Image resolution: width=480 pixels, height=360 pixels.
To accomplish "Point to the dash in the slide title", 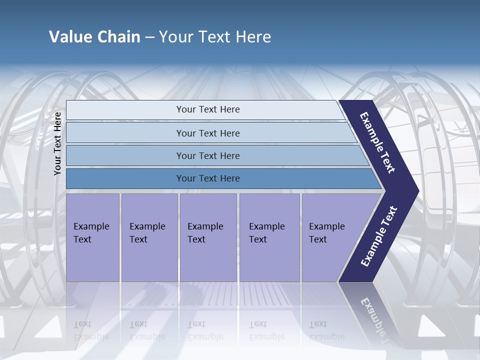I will tap(149, 37).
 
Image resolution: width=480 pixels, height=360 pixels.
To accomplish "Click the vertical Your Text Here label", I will tap(57, 143).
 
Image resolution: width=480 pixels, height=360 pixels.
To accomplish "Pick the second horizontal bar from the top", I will tap(207, 133).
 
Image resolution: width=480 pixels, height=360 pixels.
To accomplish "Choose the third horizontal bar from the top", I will tap(207, 155).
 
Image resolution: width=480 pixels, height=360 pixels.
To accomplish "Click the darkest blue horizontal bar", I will tap(207, 178).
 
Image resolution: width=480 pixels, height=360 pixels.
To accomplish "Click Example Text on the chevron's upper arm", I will tap(377, 142).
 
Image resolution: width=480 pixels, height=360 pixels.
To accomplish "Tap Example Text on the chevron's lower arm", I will tap(379, 236).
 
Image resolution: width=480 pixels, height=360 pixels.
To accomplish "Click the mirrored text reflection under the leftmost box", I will tap(91, 330).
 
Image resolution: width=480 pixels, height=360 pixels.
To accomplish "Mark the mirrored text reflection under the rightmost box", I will tap(326, 330).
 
